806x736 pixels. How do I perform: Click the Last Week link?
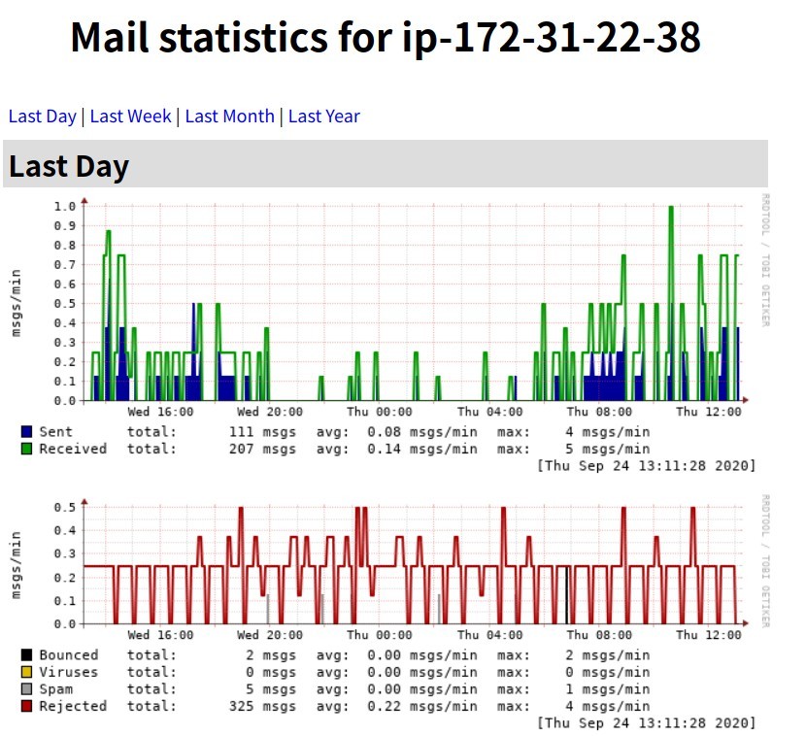(130, 117)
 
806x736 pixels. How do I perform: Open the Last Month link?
(229, 117)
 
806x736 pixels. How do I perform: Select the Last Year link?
(323, 117)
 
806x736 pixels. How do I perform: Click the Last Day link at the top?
(42, 117)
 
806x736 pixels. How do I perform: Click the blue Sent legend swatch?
(26, 431)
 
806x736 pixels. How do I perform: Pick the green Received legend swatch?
(26, 449)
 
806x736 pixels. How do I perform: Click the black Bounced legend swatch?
(26, 655)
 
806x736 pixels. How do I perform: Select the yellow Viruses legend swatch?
(26, 672)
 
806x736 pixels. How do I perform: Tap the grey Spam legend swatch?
(26, 689)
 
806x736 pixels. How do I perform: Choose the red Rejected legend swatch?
(26, 706)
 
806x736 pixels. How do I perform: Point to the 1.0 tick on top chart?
(65, 206)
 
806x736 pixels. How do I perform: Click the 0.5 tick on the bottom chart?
(65, 508)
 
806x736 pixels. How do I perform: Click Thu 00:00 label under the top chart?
(380, 412)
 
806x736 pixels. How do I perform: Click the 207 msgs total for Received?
(262, 449)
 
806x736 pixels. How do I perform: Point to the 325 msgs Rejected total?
(262, 706)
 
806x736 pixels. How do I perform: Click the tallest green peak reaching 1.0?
(670, 208)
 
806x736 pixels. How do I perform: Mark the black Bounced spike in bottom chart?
(566, 594)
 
